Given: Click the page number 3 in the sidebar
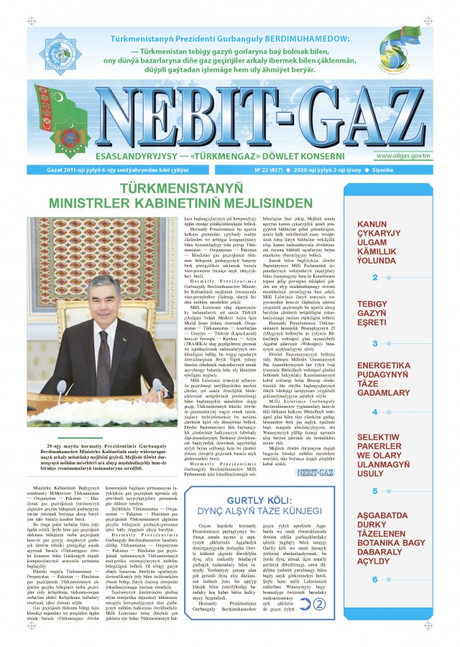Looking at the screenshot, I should coord(375,344).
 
